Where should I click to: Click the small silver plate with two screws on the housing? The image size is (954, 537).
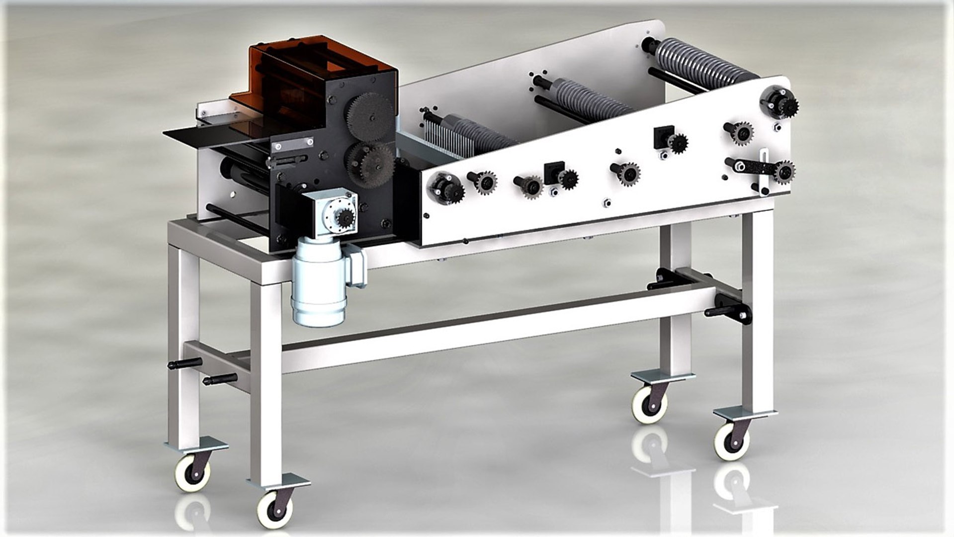point(293,145)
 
